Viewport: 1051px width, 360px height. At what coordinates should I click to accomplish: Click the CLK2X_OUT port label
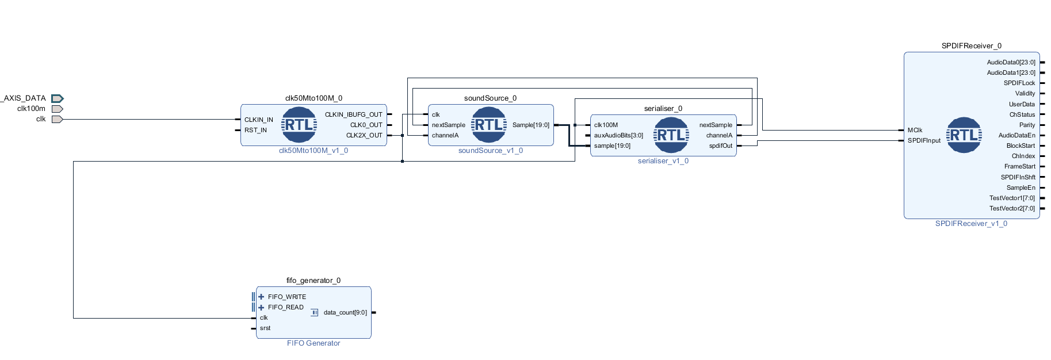[x=364, y=136]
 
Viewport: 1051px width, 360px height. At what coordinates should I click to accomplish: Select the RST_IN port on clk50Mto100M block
[x=255, y=131]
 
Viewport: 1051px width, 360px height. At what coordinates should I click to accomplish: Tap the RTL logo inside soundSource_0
[x=488, y=125]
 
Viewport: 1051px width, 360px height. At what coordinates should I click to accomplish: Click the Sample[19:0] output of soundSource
[x=530, y=125]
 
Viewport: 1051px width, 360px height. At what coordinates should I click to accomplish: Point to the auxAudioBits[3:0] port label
[x=618, y=136]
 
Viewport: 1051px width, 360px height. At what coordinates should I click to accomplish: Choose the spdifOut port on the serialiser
[x=720, y=146]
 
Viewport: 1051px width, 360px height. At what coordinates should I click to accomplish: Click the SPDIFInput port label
[x=924, y=141]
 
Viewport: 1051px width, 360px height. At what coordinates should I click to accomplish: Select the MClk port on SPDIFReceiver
[x=915, y=131]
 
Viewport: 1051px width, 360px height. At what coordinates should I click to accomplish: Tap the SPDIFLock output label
[x=1019, y=83]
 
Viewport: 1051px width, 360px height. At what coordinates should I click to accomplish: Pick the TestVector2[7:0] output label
[x=1011, y=209]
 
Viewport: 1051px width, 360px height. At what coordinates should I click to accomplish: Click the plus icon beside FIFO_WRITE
[x=261, y=297]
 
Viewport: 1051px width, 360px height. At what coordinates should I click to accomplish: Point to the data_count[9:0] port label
[x=345, y=313]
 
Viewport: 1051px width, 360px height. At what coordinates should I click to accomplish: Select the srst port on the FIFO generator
[x=265, y=328]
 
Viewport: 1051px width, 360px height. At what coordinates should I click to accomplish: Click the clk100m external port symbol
[x=57, y=109]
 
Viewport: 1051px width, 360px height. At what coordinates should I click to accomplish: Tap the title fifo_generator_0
[x=314, y=281]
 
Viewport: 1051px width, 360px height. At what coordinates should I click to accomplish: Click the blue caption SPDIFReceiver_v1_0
[x=971, y=224]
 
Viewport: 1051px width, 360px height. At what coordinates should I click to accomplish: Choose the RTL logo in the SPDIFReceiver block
[x=964, y=135]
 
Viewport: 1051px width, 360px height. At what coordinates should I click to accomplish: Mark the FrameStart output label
[x=1019, y=167]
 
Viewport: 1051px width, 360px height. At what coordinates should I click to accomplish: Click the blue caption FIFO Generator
[x=314, y=343]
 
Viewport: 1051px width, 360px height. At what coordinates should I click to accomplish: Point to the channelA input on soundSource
[x=445, y=136]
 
